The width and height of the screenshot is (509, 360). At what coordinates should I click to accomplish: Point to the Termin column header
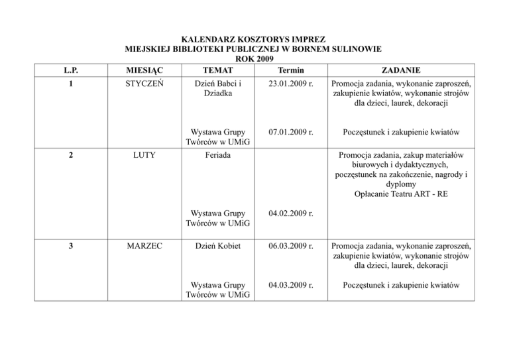290,71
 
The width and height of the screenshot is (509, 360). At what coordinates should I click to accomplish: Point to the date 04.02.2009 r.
290,214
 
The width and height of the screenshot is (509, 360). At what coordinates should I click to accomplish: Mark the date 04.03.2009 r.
290,288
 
